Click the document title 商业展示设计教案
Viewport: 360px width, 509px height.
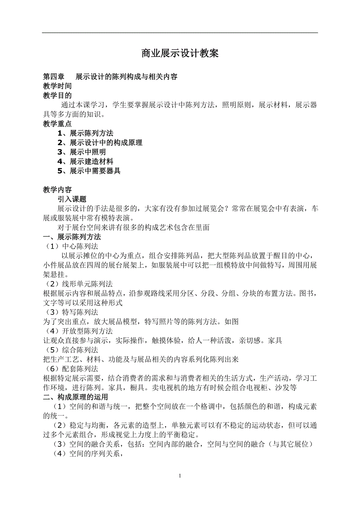pyautogui.click(x=180, y=54)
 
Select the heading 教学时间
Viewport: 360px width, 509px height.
pyautogui.click(x=57, y=86)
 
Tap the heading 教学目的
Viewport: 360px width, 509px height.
pyautogui.click(x=57, y=95)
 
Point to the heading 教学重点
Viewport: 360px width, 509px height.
pyautogui.click(x=57, y=124)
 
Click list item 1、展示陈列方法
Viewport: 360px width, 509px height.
pyautogui.click(x=85, y=133)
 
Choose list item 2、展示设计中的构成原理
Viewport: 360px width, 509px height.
pyautogui.click(x=99, y=143)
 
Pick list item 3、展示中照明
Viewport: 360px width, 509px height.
pyautogui.click(x=81, y=152)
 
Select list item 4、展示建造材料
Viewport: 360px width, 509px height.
pyautogui.click(x=85, y=161)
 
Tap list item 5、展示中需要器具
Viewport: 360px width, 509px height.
pyautogui.click(x=89, y=171)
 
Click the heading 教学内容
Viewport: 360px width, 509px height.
pyautogui.click(x=57, y=190)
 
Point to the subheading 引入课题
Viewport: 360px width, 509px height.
pyautogui.click(x=72, y=199)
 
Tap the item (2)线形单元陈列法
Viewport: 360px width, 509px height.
pyautogui.click(x=79, y=284)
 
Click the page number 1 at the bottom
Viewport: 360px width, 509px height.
pyautogui.click(x=180, y=476)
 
